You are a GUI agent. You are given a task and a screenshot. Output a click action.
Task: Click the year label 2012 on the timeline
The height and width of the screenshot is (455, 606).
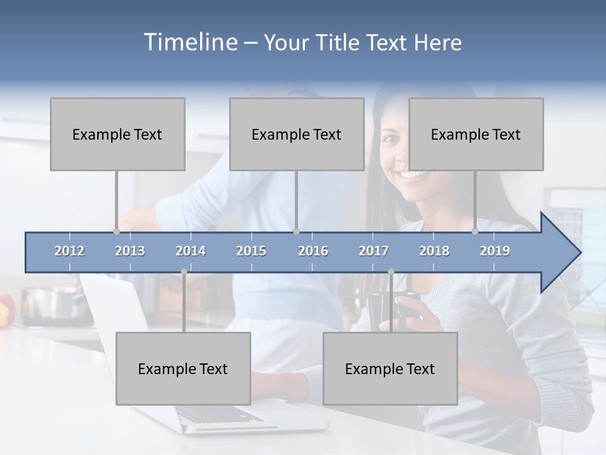[69, 251]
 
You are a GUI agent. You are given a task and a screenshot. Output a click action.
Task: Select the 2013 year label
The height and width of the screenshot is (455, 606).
[130, 251]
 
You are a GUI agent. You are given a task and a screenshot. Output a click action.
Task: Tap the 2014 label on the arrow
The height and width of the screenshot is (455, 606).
[191, 251]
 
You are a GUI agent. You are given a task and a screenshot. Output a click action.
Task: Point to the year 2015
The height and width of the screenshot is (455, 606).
[251, 251]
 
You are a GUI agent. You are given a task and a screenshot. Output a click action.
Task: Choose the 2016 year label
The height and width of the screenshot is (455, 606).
[313, 251]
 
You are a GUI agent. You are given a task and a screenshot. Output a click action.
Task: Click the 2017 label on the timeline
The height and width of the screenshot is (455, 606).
[374, 251]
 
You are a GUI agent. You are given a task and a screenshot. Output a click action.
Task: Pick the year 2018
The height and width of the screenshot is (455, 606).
[434, 251]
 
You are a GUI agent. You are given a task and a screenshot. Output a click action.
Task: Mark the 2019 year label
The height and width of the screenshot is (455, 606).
[495, 251]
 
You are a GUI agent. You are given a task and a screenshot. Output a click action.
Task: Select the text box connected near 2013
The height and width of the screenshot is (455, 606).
[117, 134]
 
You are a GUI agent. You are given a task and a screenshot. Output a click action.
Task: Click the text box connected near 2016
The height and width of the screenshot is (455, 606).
[297, 134]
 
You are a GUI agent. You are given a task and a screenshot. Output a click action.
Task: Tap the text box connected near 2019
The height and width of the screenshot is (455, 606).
[476, 134]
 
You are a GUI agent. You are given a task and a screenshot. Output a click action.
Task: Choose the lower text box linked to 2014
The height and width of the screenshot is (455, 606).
[183, 368]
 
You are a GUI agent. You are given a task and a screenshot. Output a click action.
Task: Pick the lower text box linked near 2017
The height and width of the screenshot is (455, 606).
[390, 368]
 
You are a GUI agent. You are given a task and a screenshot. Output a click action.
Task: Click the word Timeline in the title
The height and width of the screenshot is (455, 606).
[189, 42]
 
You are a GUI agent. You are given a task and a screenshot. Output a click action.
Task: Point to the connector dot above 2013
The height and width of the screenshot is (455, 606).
[116, 231]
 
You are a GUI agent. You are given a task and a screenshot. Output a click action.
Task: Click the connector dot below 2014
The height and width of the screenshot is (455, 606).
[184, 272]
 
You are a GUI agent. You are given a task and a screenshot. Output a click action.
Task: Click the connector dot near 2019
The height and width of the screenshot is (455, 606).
[475, 231]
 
